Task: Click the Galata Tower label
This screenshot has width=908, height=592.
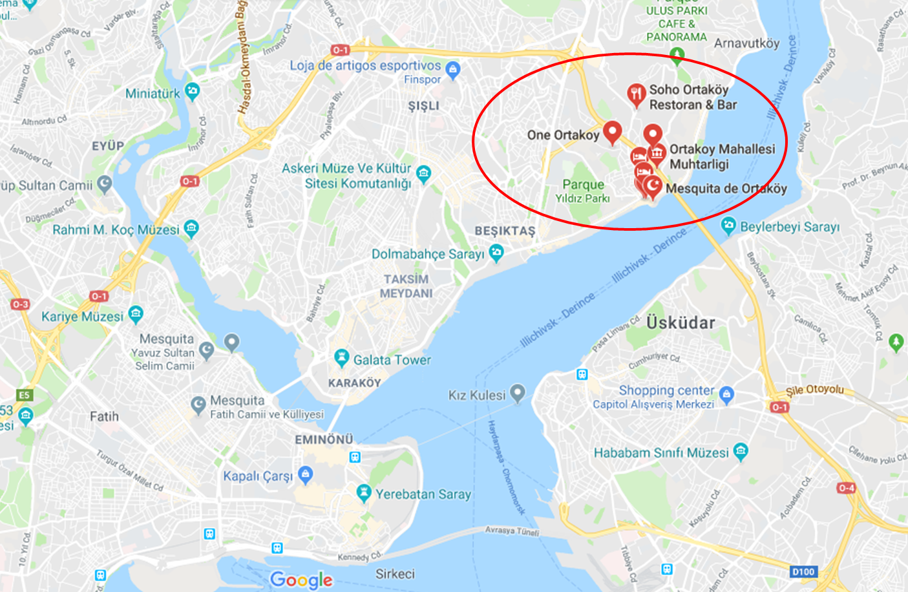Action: tap(392, 360)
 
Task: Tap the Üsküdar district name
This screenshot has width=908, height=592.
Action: tap(681, 322)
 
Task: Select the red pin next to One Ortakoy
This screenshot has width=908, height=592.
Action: tap(612, 131)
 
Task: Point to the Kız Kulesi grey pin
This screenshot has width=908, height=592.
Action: tap(517, 392)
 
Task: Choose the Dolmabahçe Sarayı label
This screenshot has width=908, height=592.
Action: tap(428, 254)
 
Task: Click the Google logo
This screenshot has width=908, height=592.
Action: tap(301, 580)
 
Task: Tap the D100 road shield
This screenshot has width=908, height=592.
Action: tap(803, 571)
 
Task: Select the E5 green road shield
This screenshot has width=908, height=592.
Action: tap(24, 395)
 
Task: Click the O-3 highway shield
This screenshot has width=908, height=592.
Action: tap(20, 304)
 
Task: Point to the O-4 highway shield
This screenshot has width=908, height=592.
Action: tap(846, 488)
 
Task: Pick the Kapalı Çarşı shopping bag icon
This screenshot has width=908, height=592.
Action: tap(306, 475)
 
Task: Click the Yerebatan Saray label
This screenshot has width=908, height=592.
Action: tap(423, 494)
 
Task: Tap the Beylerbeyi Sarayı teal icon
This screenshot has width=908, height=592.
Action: tap(728, 226)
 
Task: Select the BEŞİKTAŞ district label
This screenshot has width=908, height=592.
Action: tap(505, 231)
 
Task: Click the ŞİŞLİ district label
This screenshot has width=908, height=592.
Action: tap(423, 106)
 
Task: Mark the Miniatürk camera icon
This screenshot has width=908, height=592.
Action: tap(192, 91)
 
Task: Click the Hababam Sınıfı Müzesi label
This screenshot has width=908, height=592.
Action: tap(661, 453)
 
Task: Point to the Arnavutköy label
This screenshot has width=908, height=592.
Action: tap(746, 43)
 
